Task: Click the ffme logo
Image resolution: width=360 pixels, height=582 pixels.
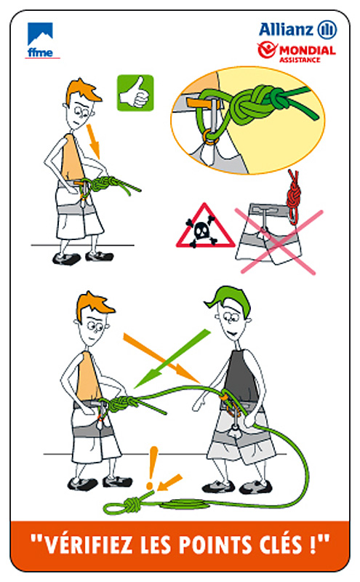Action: [41, 40]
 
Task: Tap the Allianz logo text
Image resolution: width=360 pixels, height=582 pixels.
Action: [286, 29]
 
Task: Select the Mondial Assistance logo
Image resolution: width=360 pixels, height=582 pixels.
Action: [297, 52]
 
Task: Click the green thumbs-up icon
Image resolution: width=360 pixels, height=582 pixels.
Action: [135, 93]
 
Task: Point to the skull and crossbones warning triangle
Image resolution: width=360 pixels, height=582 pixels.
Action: [205, 226]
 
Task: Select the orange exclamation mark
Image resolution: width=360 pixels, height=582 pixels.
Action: [151, 467]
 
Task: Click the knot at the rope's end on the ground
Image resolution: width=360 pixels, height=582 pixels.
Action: [131, 505]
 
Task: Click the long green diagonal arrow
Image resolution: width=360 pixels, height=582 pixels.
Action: [172, 359]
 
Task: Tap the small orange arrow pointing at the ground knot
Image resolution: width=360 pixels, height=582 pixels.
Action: [169, 482]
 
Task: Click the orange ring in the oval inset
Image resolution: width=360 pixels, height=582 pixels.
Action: [210, 136]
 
